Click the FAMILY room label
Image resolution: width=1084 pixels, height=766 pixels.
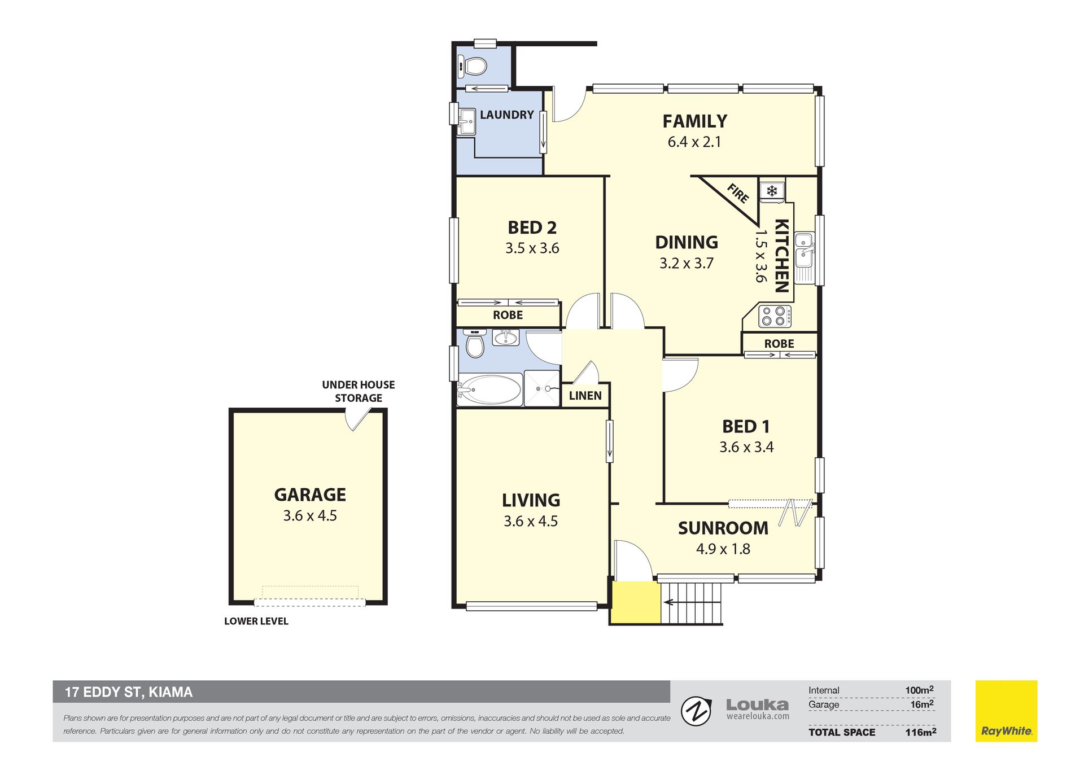pyautogui.click(x=694, y=121)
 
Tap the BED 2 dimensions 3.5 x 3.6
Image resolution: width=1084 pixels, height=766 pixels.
pyautogui.click(x=532, y=248)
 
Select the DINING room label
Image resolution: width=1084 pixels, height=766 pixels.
pyautogui.click(x=687, y=242)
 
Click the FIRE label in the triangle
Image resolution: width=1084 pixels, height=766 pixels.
pyautogui.click(x=738, y=194)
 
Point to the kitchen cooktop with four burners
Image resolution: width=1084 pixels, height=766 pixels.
pyautogui.click(x=774, y=316)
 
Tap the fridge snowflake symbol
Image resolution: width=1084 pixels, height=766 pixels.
pyautogui.click(x=772, y=191)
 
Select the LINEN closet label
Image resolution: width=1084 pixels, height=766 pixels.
pyautogui.click(x=585, y=396)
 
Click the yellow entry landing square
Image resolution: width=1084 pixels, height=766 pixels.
pyautogui.click(x=636, y=602)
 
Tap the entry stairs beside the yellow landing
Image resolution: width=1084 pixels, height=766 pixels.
pyautogui.click(x=692, y=603)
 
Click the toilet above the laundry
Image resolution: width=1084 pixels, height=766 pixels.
pyautogui.click(x=472, y=66)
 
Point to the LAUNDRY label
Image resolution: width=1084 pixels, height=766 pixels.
pyautogui.click(x=506, y=115)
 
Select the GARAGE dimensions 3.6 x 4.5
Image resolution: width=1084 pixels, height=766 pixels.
pyautogui.click(x=310, y=516)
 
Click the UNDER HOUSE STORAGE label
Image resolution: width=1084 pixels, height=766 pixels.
pyautogui.click(x=358, y=391)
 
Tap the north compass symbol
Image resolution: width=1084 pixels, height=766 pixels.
pyautogui.click(x=696, y=711)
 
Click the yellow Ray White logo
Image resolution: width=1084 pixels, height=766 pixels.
pyautogui.click(x=1006, y=711)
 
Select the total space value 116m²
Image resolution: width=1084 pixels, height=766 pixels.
pyautogui.click(x=920, y=732)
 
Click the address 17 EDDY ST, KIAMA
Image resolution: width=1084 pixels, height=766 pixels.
pyautogui.click(x=129, y=692)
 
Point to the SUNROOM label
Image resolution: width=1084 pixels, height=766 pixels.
pyautogui.click(x=723, y=528)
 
